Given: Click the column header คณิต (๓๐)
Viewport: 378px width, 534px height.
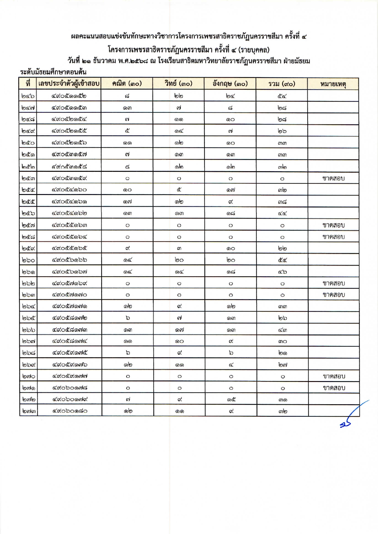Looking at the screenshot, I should coord(127,83).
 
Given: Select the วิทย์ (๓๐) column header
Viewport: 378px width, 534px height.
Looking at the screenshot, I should coord(179,83).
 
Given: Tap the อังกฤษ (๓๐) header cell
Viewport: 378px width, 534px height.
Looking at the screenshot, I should coord(230,83).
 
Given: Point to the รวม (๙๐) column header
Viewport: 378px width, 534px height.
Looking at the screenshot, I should coord(282,83).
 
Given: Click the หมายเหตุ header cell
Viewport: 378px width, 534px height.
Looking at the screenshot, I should coord(333,84).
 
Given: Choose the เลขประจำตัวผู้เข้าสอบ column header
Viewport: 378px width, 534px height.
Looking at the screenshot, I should coord(69,83).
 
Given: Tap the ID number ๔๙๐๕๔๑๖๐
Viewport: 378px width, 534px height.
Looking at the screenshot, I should coord(69,190).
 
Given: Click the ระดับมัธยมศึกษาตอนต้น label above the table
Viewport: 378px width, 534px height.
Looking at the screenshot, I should coord(53,72).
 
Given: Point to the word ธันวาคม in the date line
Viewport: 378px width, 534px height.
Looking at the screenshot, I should coord(104,61).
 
